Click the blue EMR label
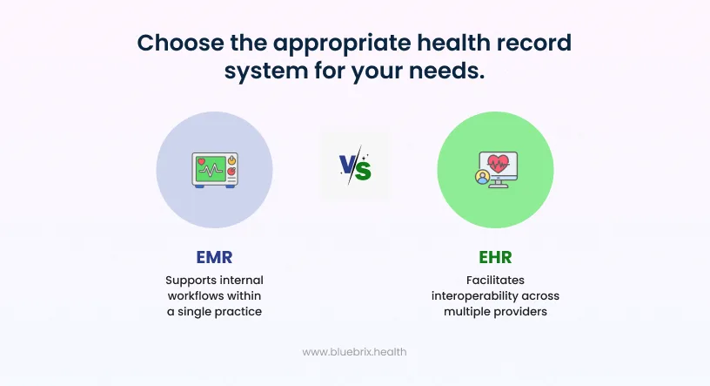[214, 258]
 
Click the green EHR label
[495, 258]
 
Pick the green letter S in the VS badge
[363, 169]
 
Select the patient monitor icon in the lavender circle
[214, 169]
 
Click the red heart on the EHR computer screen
[499, 162]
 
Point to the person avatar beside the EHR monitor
[481, 178]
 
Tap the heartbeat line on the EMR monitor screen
[211, 169]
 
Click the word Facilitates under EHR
[495, 281]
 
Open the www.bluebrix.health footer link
[354, 352]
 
